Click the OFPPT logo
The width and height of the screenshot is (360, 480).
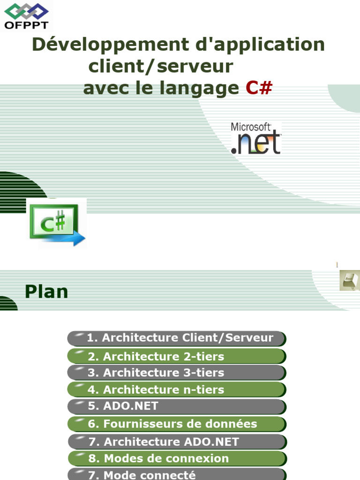pyautogui.click(x=26, y=16)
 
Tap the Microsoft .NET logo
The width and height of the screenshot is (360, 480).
pyautogui.click(x=256, y=138)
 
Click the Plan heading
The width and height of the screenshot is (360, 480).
pyautogui.click(x=46, y=292)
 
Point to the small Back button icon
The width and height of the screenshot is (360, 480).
pyautogui.click(x=349, y=280)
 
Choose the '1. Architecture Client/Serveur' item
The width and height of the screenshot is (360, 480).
pyautogui.click(x=177, y=338)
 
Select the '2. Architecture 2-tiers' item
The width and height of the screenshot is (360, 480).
pyautogui.click(x=177, y=356)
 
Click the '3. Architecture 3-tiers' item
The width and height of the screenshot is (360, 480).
pyautogui.click(x=177, y=373)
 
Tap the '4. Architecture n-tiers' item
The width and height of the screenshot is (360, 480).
pyautogui.click(x=177, y=390)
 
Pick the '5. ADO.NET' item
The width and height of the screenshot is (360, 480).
pyautogui.click(x=177, y=406)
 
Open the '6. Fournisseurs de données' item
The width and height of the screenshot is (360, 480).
pyautogui.click(x=177, y=424)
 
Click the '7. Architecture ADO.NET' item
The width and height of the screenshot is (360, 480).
pyautogui.click(x=177, y=442)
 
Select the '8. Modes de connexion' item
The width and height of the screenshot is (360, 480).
pyautogui.click(x=177, y=458)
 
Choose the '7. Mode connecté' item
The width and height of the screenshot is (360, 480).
pyautogui.click(x=177, y=474)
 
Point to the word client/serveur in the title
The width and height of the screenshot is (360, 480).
pyautogui.click(x=160, y=67)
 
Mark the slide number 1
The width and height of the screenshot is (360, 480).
pyautogui.click(x=337, y=265)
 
